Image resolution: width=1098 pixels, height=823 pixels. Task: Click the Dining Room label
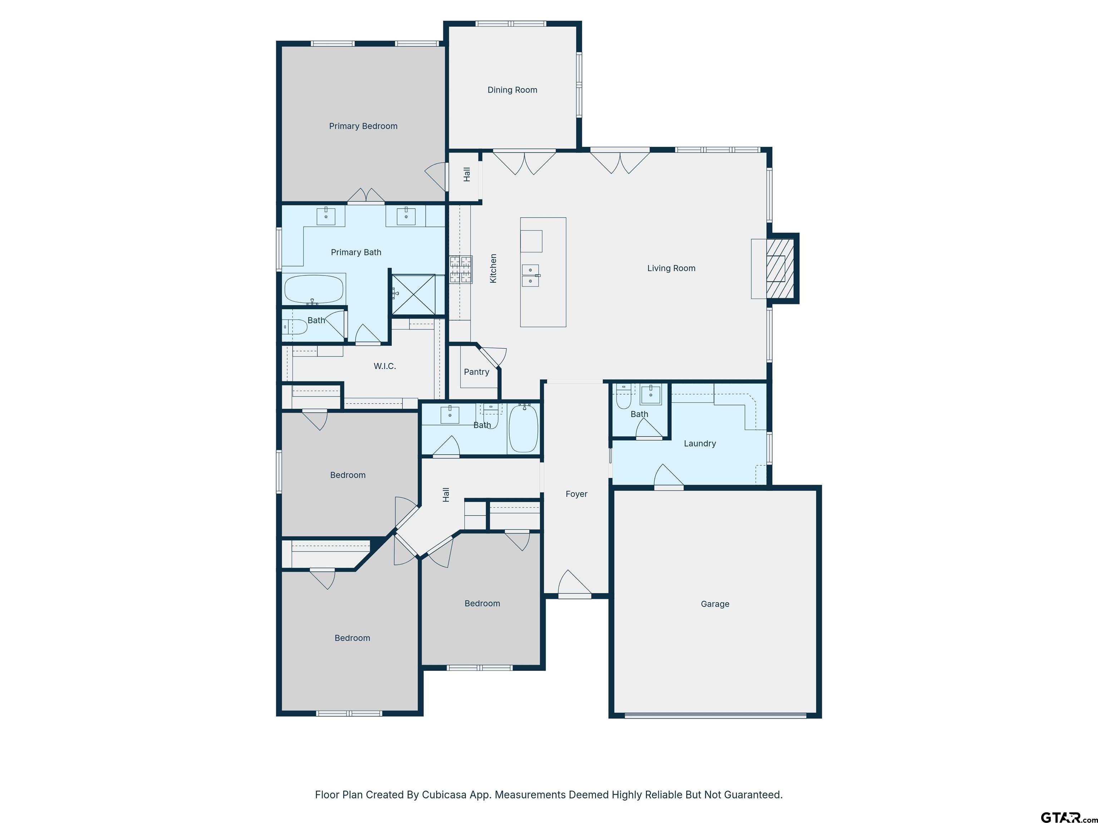pyautogui.click(x=512, y=90)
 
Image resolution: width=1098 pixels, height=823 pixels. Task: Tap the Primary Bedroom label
pyautogui.click(x=363, y=126)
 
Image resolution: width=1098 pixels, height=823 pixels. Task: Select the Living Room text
pyautogui.click(x=671, y=268)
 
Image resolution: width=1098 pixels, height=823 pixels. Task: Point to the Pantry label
pyautogui.click(x=476, y=372)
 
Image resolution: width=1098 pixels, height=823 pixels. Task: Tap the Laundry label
pyautogui.click(x=700, y=444)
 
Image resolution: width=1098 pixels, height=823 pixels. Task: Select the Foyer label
pyautogui.click(x=576, y=494)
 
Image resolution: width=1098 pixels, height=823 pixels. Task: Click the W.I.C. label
pyautogui.click(x=385, y=366)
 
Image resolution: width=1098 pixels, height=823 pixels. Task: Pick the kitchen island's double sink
pyautogui.click(x=531, y=275)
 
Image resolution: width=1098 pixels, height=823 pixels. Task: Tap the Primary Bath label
pyautogui.click(x=356, y=253)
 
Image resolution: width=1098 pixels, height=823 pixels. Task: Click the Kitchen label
pyautogui.click(x=493, y=268)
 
